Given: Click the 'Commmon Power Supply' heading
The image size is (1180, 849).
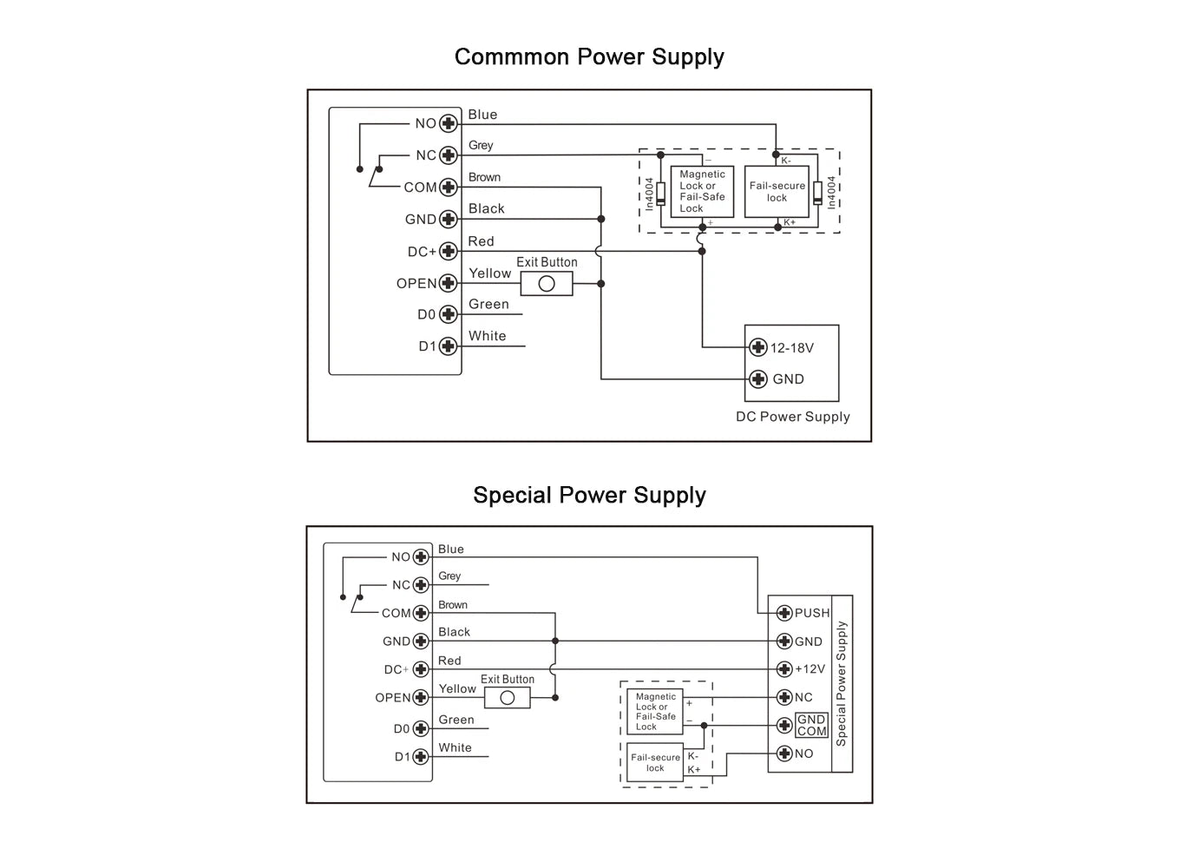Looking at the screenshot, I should pos(589,57).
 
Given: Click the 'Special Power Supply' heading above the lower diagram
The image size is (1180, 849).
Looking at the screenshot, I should pos(589,496).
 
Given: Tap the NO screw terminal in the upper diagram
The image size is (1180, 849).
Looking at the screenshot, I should pos(449,123).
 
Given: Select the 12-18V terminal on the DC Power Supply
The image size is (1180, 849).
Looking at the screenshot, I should pos(758,348).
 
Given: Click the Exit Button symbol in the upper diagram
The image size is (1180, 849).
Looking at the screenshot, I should pos(547,284).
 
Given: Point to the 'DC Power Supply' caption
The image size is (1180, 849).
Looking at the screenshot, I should pos(792,417).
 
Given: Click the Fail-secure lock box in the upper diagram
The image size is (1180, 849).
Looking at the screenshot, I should pos(777,192).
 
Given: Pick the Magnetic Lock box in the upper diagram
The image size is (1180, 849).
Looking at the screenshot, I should pos(702,192).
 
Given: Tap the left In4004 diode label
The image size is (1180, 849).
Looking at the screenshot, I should pos(649,194).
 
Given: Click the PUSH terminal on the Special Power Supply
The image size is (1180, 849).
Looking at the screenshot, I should pos(784,613).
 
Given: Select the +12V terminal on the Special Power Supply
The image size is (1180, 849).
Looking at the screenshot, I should pos(784,669).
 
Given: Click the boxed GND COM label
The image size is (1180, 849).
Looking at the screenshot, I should pos(811,726).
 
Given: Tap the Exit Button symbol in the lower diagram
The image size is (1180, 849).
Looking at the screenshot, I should pos(508,698).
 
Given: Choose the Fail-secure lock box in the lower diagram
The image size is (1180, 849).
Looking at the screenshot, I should pos(655,762).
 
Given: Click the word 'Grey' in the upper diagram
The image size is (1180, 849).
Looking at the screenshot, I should pos(481,146).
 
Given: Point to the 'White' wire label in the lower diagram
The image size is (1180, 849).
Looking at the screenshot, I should pos(455,747).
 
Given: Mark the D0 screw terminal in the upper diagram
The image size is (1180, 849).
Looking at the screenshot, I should pos(449,314).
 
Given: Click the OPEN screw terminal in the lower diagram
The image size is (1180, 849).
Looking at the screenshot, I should pos(421,698).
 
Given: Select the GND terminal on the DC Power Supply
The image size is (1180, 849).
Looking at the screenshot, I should pos(758,379).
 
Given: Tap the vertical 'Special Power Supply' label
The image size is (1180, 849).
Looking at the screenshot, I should pos(841,684).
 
